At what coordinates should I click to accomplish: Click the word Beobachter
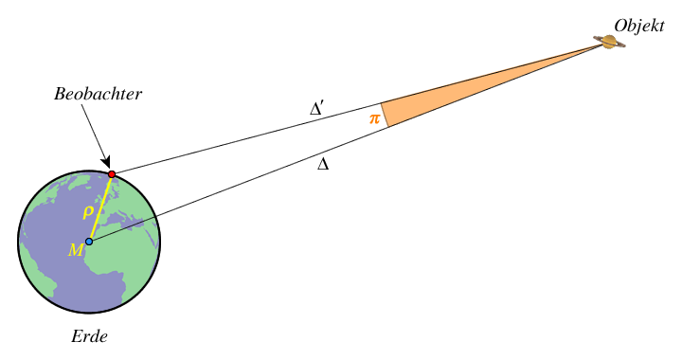[x=98, y=96]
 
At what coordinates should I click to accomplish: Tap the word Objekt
[x=638, y=24]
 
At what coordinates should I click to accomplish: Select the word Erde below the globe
[x=89, y=336]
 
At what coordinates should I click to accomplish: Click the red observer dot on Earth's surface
[x=112, y=174]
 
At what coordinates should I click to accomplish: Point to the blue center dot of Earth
[x=89, y=242]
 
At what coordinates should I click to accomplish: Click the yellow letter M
[x=76, y=250]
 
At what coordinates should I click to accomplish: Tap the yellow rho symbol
[x=88, y=212]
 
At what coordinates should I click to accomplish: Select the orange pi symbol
[x=374, y=119]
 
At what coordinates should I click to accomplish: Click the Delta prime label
[x=317, y=109]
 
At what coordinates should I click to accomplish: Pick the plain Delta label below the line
[x=323, y=164]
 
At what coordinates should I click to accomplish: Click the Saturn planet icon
[x=608, y=42]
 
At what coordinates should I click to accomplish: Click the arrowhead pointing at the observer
[x=107, y=163]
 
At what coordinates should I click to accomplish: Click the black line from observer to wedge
[x=246, y=138]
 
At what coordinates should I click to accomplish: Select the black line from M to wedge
[x=237, y=184]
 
